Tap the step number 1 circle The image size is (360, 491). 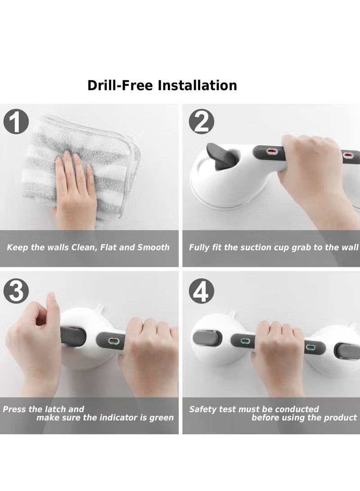(16, 122)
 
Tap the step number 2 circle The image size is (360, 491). (201, 122)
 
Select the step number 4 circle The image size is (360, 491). (201, 293)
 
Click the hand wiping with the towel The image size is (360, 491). (74, 185)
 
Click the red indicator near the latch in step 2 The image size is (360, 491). (272, 152)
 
